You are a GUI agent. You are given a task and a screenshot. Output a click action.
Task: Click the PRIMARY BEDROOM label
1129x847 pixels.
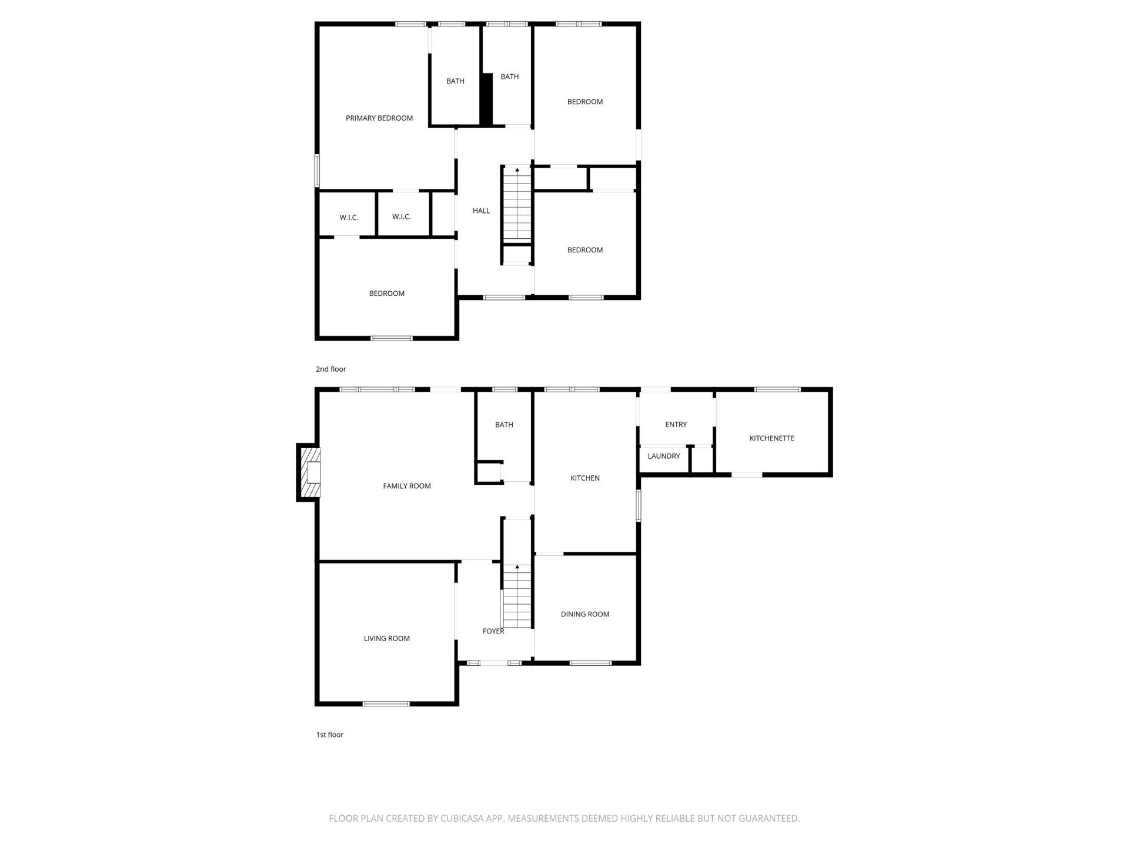point(379,118)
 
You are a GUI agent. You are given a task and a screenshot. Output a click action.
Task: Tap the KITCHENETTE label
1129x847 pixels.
point(771,438)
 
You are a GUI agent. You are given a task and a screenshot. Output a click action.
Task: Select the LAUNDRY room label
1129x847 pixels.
point(664,456)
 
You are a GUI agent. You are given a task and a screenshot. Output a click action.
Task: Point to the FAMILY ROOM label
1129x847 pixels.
point(407,486)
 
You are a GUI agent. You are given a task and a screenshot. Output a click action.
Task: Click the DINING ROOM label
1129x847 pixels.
point(585,614)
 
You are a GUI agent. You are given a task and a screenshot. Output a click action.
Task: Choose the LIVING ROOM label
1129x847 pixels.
point(387,638)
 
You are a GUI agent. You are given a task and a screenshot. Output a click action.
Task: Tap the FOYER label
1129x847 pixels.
point(493,631)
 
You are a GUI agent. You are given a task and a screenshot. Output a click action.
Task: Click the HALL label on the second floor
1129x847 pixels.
point(481,211)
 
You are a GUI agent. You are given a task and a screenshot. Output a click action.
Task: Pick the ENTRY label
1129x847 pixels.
point(676,424)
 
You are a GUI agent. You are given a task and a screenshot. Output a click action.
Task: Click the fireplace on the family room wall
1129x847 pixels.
point(309,473)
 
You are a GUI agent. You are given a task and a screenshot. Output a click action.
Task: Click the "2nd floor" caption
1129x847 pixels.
point(331,369)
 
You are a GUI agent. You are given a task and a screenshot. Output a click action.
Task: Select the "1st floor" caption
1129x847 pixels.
point(330,735)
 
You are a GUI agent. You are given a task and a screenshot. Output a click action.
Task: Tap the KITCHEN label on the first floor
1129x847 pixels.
point(585,478)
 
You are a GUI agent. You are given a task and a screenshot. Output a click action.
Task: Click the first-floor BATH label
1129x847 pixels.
point(504,425)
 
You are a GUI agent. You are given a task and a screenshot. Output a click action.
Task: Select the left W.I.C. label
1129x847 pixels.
point(349,218)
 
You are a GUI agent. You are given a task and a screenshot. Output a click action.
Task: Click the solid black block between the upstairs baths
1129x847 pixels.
point(486,99)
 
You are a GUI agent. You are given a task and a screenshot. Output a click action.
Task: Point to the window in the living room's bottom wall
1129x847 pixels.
point(386,703)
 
